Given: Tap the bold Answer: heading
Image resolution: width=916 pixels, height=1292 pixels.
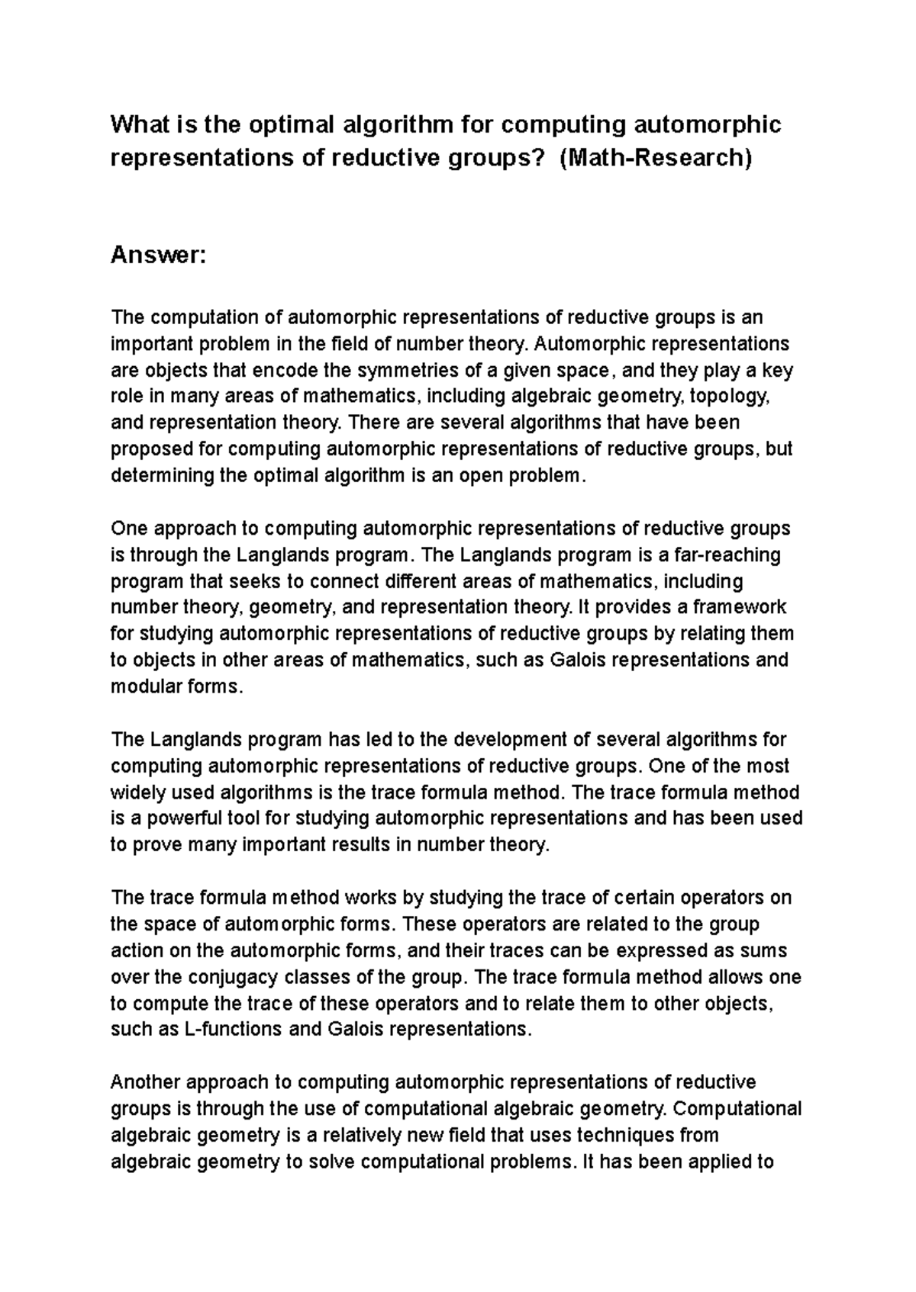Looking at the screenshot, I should click(158, 256).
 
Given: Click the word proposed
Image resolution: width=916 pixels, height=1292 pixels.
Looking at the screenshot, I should click(149, 450).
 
